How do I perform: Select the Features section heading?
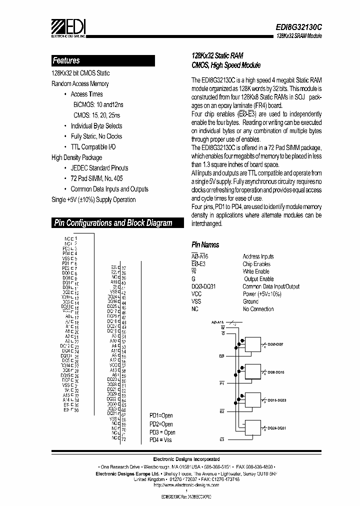[66, 60]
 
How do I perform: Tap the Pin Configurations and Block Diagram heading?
[113, 223]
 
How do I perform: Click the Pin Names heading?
[205, 245]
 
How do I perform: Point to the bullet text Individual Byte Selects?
[96, 125]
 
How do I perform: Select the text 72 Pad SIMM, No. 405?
[96, 178]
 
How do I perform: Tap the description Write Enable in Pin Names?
[256, 271]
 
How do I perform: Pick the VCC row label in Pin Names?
[197, 294]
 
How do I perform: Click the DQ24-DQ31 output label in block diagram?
[276, 428]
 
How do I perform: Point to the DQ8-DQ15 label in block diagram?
[276, 372]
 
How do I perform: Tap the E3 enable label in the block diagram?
[221, 439]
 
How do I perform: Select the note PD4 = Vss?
[160, 439]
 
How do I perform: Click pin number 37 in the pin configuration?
[123, 268]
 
